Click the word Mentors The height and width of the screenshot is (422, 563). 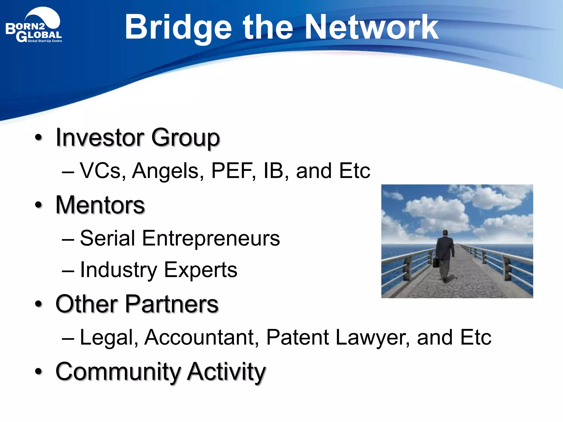pos(100,205)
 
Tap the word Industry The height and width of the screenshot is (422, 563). pos(118,270)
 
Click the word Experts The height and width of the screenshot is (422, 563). pos(201,270)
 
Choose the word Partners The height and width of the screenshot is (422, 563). pos(172,304)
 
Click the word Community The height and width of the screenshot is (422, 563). pos(118,371)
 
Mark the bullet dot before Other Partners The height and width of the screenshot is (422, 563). pos(39,304)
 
